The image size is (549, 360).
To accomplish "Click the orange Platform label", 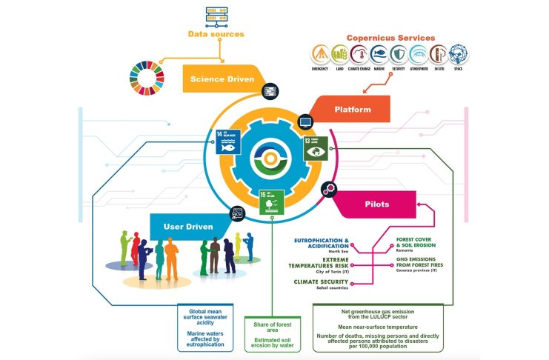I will pyautogui.click(x=352, y=110).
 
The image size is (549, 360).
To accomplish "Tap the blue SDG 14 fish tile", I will pyautogui.click(x=228, y=141).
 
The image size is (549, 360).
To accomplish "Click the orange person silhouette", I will pyautogui.click(x=171, y=256).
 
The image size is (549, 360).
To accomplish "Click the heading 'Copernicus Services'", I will pyautogui.click(x=391, y=37).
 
